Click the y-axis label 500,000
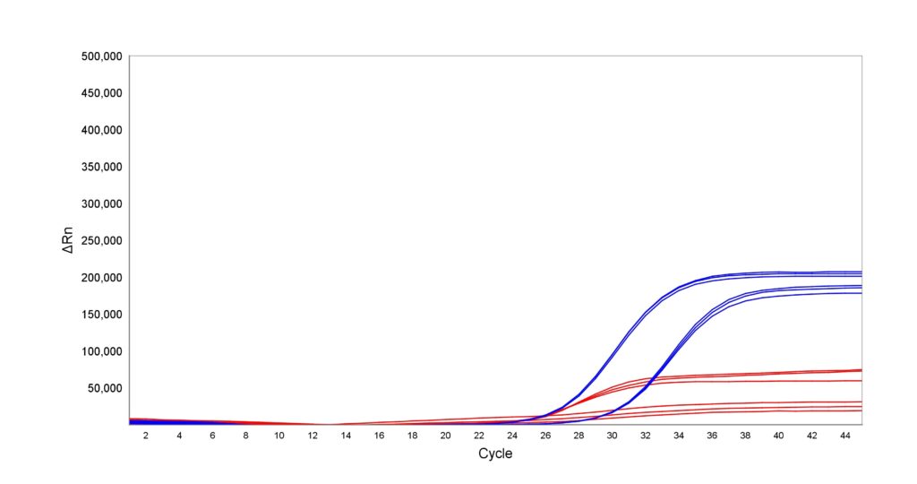click(x=100, y=56)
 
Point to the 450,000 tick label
click(x=100, y=93)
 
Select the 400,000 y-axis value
click(x=100, y=130)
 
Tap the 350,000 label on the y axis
click(x=100, y=167)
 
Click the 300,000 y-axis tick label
click(x=100, y=203)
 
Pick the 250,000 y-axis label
click(x=100, y=240)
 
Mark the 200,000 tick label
click(x=100, y=278)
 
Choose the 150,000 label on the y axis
click(x=100, y=315)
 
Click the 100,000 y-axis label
click(x=100, y=351)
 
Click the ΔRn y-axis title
click(x=68, y=240)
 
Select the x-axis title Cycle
click(x=495, y=454)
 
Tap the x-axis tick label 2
click(x=146, y=436)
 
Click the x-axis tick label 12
click(x=313, y=436)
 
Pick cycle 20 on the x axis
click(x=445, y=436)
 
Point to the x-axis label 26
click(x=545, y=436)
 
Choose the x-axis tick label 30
click(x=612, y=436)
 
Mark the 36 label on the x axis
click(x=712, y=436)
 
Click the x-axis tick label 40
click(x=778, y=436)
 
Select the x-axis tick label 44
click(x=844, y=436)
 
